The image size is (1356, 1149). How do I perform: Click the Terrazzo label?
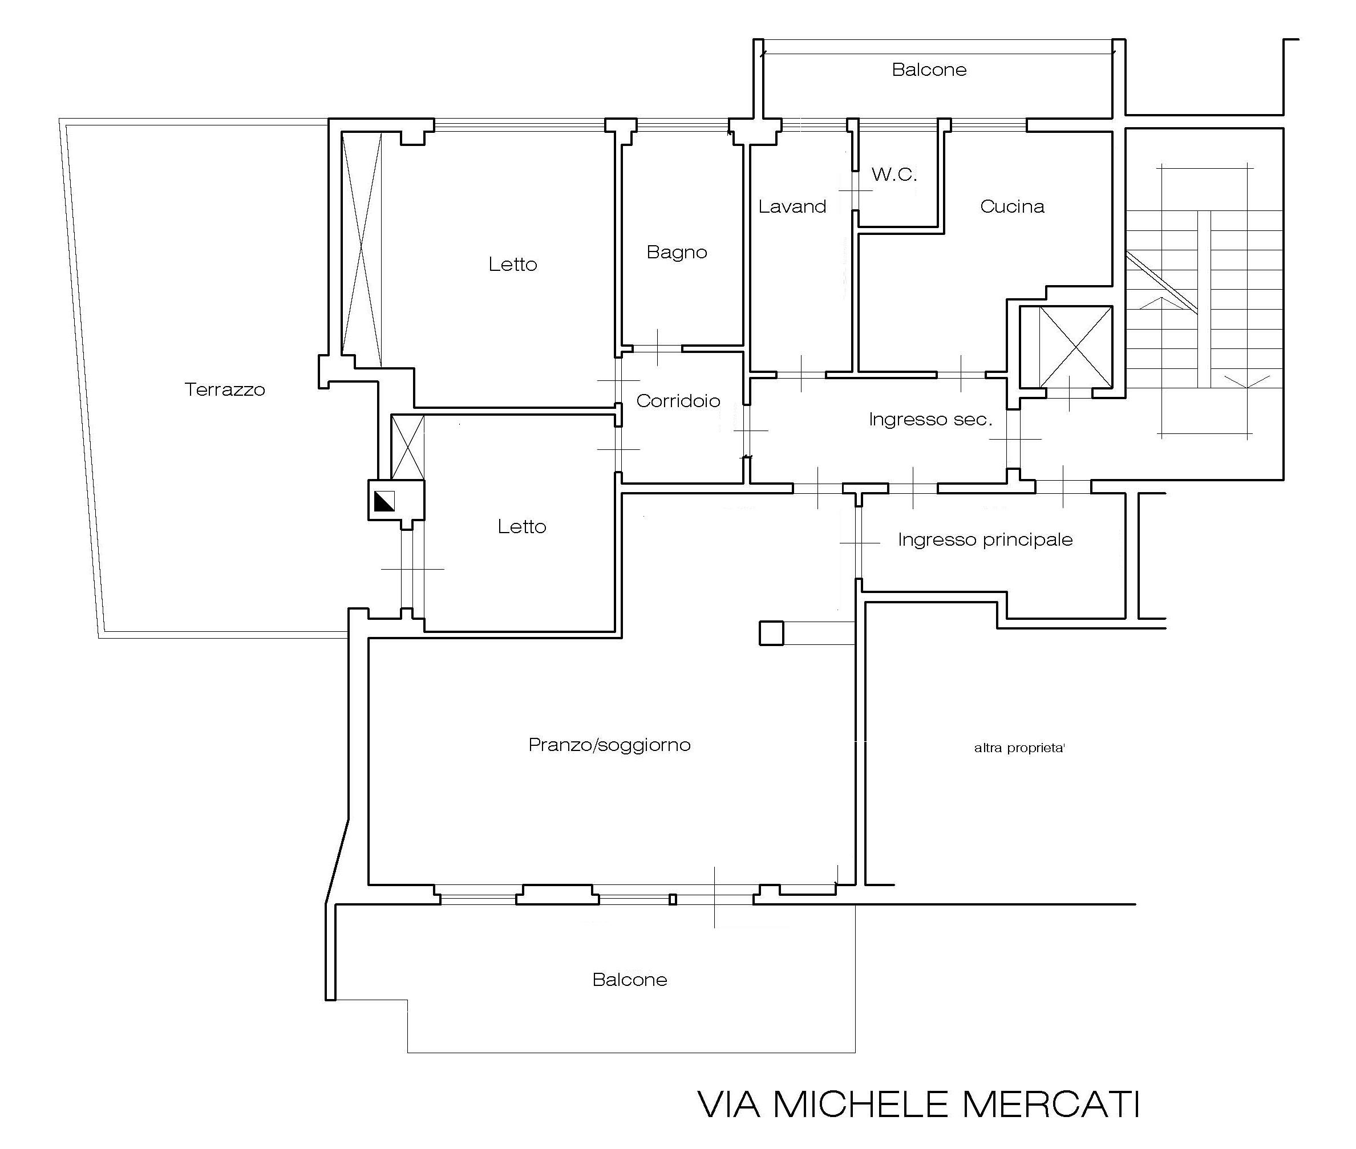pyautogui.click(x=225, y=389)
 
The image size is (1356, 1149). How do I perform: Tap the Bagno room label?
pyautogui.click(x=677, y=252)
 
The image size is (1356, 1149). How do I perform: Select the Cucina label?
pyautogui.click(x=1012, y=206)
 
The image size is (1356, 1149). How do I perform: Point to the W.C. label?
pyautogui.click(x=894, y=174)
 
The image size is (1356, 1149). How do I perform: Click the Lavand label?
pyautogui.click(x=792, y=206)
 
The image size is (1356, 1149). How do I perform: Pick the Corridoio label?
pyautogui.click(x=678, y=401)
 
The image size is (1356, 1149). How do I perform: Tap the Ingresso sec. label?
pyautogui.click(x=930, y=420)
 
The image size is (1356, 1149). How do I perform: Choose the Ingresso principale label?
pyautogui.click(x=985, y=539)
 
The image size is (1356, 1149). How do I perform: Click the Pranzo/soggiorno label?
pyautogui.click(x=609, y=745)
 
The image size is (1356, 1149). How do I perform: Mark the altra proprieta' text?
pyautogui.click(x=1019, y=748)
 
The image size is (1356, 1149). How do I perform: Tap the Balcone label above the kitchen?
pyautogui.click(x=929, y=70)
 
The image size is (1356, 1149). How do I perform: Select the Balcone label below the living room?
pyautogui.click(x=629, y=980)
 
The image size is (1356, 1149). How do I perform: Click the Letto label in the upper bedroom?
pyautogui.click(x=513, y=264)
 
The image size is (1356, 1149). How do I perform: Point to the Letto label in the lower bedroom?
pyautogui.click(x=522, y=526)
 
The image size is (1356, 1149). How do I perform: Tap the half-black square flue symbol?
pyautogui.click(x=384, y=500)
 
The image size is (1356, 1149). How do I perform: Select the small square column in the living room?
pyautogui.click(x=771, y=633)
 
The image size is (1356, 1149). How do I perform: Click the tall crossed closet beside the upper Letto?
pyautogui.click(x=362, y=249)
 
